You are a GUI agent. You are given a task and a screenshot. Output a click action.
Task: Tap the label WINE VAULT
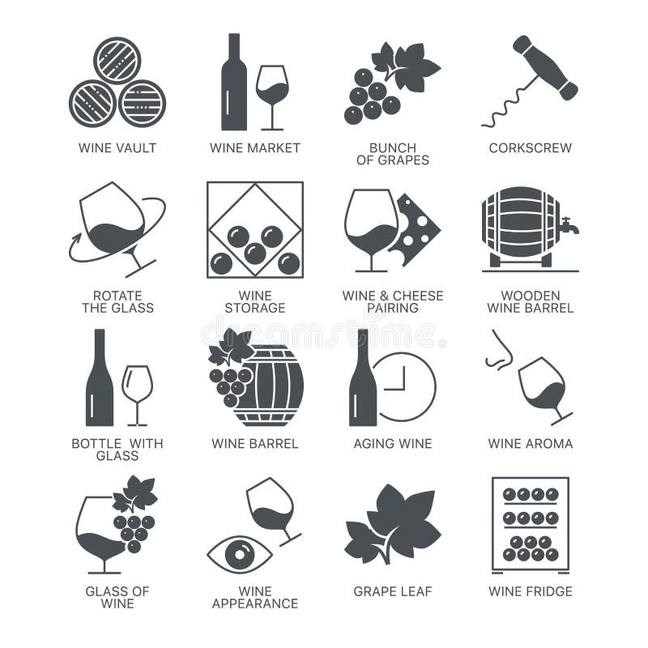click(x=117, y=148)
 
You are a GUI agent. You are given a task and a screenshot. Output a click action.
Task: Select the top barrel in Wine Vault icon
click(x=117, y=60)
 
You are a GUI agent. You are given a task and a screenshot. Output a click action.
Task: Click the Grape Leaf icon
click(x=393, y=522)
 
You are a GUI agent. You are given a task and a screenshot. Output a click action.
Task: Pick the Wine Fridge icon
click(x=531, y=523)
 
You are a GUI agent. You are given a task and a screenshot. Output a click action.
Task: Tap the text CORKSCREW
click(x=531, y=148)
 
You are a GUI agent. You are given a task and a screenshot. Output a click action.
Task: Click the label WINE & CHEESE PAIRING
click(x=393, y=301)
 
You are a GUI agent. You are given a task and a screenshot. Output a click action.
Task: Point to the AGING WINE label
click(x=393, y=444)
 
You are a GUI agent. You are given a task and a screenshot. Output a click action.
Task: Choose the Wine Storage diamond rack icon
click(x=254, y=229)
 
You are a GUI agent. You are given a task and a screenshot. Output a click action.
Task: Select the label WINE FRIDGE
click(x=531, y=591)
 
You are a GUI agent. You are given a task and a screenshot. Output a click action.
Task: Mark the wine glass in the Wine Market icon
click(x=272, y=93)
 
